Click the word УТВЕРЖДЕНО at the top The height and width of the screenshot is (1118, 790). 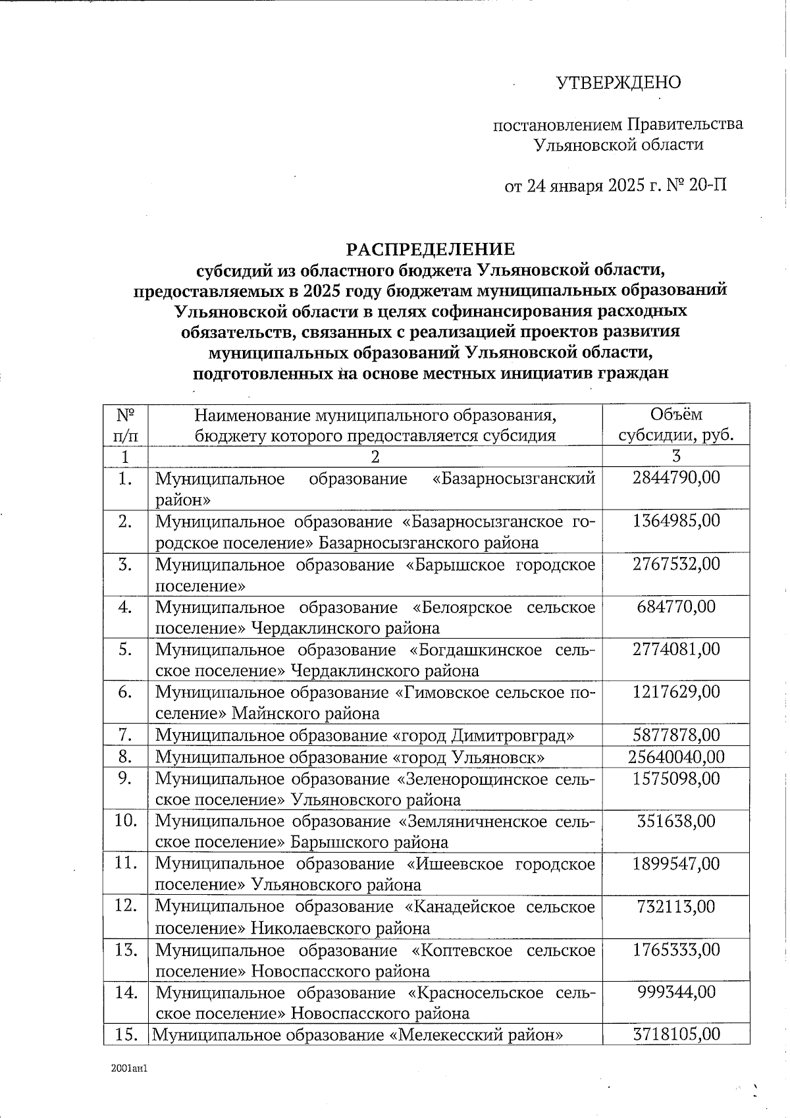[x=619, y=83]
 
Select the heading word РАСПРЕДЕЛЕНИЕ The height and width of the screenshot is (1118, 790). [x=431, y=250]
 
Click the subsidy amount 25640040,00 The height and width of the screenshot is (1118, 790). [x=676, y=757]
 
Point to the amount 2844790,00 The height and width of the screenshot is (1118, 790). [x=676, y=477]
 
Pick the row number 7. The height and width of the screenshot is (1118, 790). [x=126, y=735]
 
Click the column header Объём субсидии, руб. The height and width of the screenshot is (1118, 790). [x=676, y=425]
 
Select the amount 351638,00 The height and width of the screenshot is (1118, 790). [x=676, y=821]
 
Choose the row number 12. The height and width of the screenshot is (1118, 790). [x=126, y=906]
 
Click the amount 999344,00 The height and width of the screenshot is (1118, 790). [x=676, y=992]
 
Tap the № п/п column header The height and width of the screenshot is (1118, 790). [x=126, y=425]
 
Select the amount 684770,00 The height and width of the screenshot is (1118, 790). [x=676, y=606]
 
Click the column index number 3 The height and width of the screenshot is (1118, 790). [x=676, y=456]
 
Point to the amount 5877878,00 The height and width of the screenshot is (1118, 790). [x=676, y=735]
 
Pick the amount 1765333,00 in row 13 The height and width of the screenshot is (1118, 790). [x=676, y=949]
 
